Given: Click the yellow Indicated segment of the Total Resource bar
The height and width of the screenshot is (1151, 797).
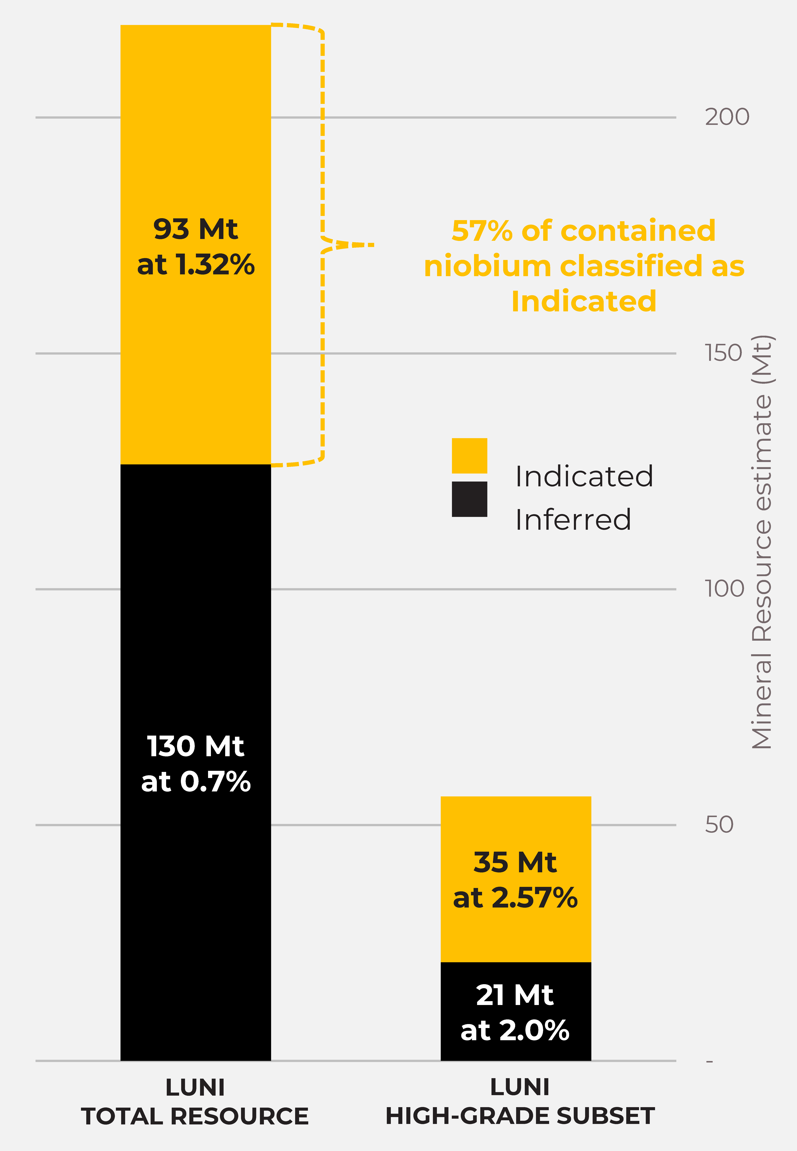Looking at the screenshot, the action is click(x=196, y=245).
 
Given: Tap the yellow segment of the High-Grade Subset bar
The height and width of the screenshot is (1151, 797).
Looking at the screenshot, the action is click(x=516, y=879).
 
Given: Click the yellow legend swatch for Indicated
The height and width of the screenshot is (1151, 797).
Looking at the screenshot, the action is click(x=469, y=456).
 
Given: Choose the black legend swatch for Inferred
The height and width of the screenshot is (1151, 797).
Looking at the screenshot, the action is click(x=469, y=499).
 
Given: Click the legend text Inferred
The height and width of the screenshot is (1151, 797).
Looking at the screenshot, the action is click(x=573, y=519).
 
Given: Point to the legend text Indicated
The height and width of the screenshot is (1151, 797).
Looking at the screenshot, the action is click(x=584, y=476).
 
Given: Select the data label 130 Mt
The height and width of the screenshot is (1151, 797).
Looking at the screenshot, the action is click(x=196, y=746).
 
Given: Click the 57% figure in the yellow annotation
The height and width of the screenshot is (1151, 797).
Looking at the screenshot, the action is click(x=482, y=231).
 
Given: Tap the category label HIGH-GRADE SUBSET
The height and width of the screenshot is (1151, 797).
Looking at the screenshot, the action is click(x=520, y=1116).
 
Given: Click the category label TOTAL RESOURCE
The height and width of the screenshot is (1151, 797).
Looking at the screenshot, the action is click(x=195, y=1116).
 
